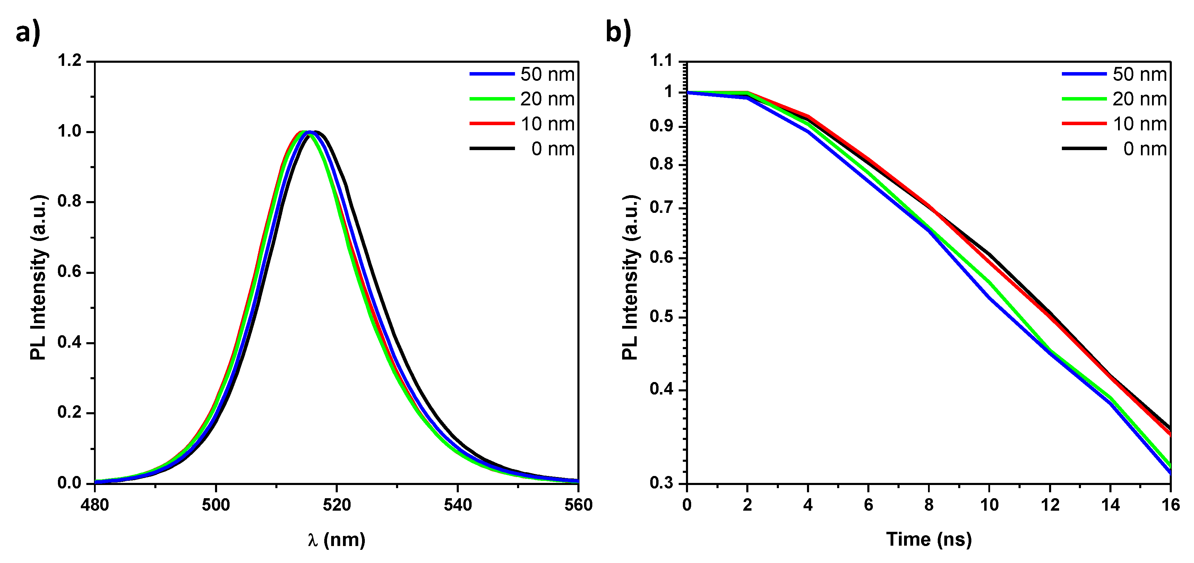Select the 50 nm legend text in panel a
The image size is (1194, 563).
coord(547,74)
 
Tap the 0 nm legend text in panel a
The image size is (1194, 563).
coord(552,149)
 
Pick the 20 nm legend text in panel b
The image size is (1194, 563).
coord(1139,99)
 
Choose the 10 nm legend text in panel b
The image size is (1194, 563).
coord(1139,124)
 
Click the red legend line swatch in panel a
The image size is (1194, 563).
coord(492,124)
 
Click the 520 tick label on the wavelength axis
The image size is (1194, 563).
coord(336,505)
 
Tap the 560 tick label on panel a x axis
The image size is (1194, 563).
coord(578,505)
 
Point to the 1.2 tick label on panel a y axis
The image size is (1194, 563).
coord(69,61)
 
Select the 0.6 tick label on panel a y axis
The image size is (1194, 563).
coord(69,272)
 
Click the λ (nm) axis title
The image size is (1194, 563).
coord(336,540)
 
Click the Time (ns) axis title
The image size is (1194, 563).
coord(928,540)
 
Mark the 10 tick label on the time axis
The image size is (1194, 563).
coord(989,505)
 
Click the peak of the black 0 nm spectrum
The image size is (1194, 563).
coord(316,132)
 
